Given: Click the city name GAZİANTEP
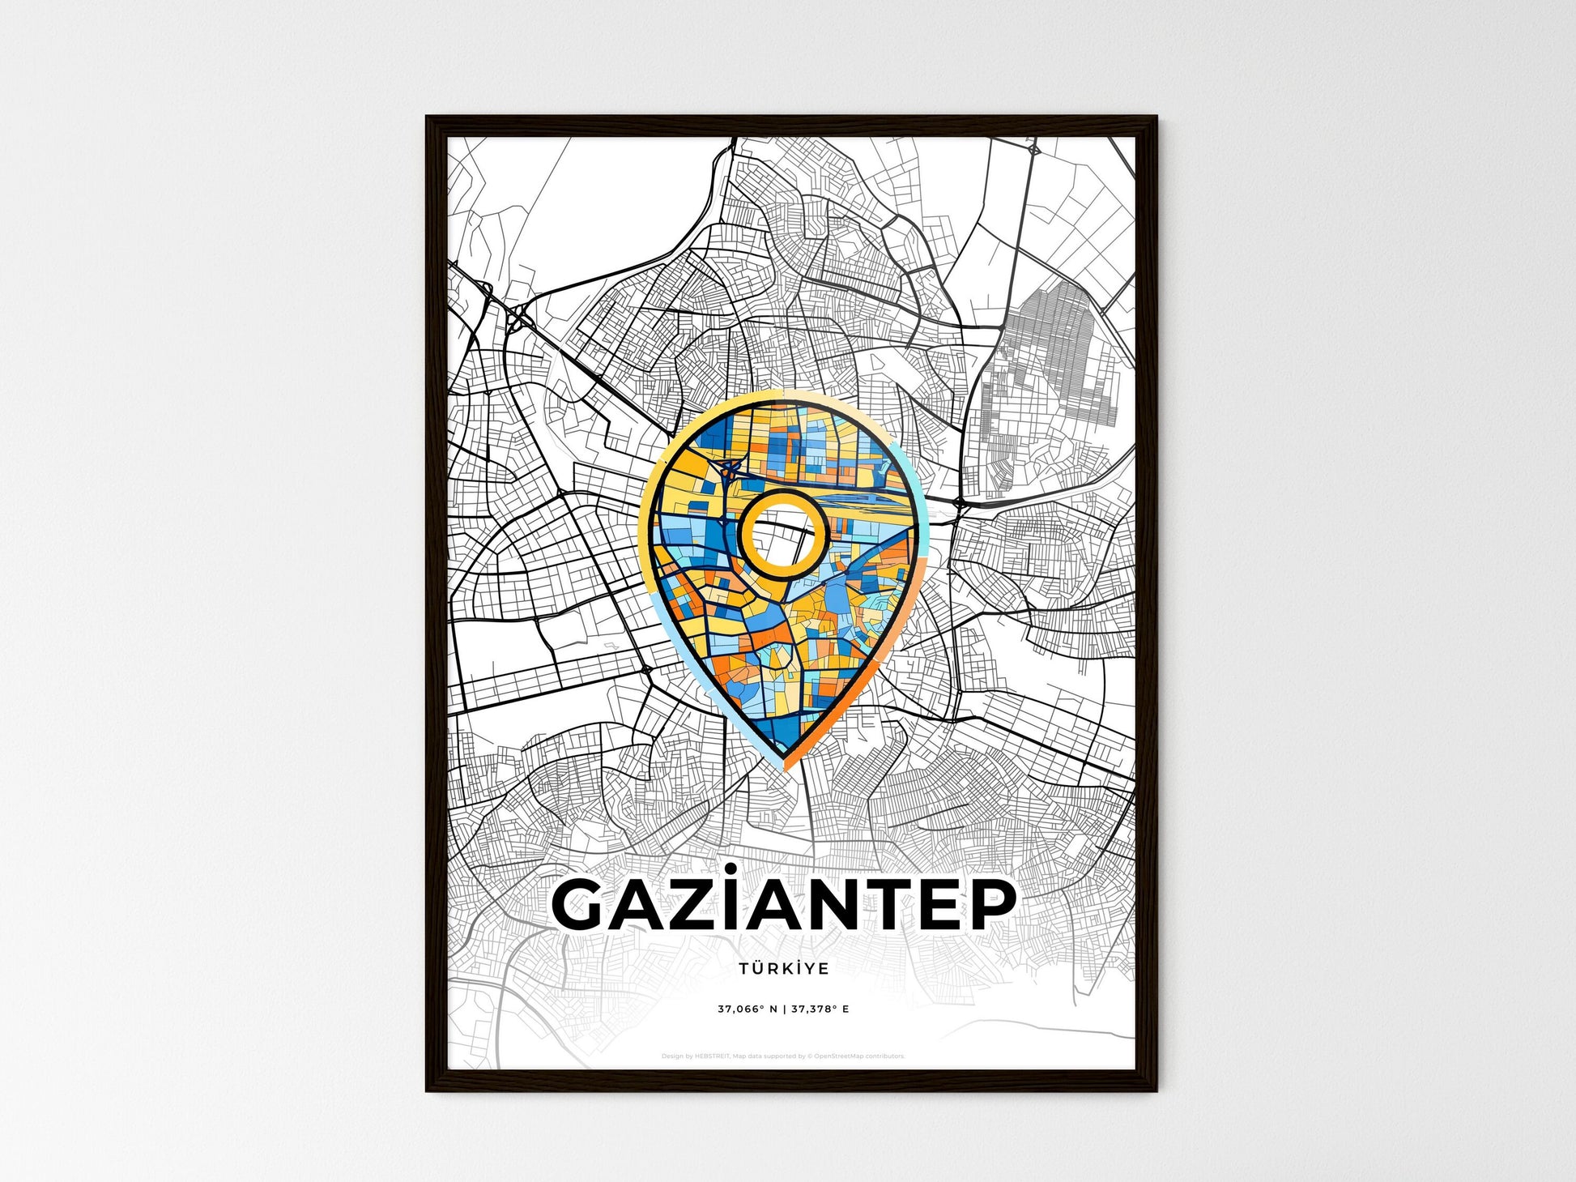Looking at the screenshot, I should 783,904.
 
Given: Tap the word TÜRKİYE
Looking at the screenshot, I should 783,968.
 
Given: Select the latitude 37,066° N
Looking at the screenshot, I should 748,1009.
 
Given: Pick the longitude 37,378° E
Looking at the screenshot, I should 821,1009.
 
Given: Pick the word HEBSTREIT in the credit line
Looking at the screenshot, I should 713,1056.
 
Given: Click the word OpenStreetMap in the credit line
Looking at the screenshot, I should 839,1056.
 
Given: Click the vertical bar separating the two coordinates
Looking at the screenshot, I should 785,1009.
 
